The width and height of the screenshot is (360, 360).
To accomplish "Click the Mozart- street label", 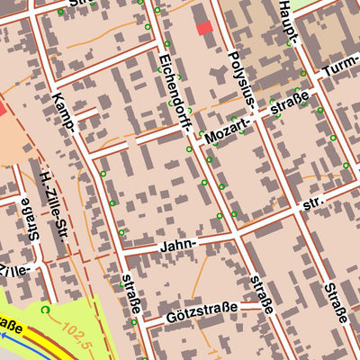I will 226,134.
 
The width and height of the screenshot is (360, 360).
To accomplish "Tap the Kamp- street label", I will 65,112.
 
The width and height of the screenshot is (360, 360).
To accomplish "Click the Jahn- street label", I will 176,246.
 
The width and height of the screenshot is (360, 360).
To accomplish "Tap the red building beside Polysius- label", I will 205,28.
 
